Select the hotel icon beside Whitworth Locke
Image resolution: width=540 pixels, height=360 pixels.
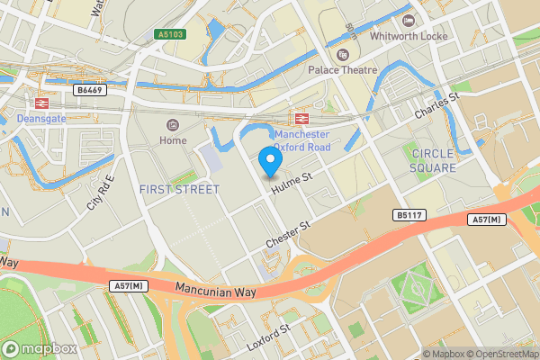(x=409, y=20)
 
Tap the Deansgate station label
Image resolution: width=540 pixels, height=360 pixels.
(x=41, y=117)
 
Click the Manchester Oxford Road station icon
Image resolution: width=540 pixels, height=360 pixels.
(x=299, y=119)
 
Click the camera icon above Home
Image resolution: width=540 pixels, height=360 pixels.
(x=173, y=124)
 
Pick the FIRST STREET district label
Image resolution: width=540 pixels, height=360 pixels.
(x=179, y=189)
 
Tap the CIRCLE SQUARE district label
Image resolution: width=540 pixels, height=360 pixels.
(x=433, y=160)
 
